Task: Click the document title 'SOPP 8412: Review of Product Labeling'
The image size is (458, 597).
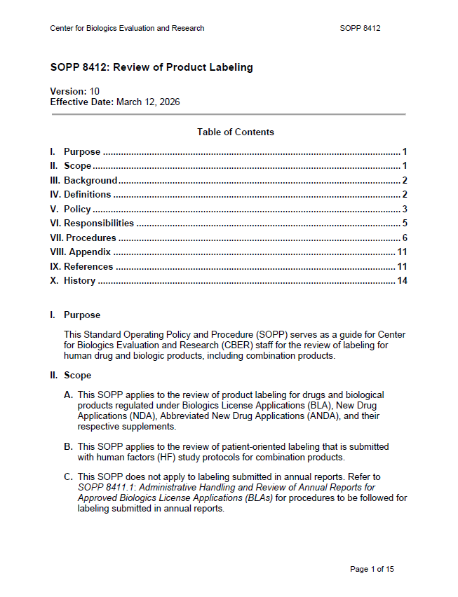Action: pyautogui.click(x=151, y=68)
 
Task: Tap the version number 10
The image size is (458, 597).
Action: pyautogui.click(x=95, y=91)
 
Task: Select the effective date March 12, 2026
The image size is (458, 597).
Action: pyautogui.click(x=148, y=102)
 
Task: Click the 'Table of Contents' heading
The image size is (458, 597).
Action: pyautogui.click(x=236, y=132)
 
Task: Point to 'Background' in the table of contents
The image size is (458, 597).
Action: pyautogui.click(x=90, y=180)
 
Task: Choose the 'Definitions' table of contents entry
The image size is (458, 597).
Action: pyautogui.click(x=87, y=194)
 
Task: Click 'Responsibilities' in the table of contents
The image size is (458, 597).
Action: pyautogui.click(x=98, y=223)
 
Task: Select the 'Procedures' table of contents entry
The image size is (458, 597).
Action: pyautogui.click(x=90, y=238)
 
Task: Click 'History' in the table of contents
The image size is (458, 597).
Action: pyautogui.click(x=79, y=281)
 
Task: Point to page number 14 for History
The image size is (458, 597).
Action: pyautogui.click(x=402, y=281)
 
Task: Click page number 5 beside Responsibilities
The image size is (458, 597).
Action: pyautogui.click(x=405, y=223)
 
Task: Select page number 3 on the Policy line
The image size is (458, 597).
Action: pyautogui.click(x=405, y=209)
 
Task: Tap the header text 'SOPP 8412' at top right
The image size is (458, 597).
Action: pyautogui.click(x=360, y=29)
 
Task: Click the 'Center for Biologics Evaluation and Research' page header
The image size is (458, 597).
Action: pyautogui.click(x=127, y=29)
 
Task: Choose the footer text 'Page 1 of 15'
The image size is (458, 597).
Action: pyautogui.click(x=372, y=569)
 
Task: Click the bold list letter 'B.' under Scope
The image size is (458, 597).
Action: pyautogui.click(x=68, y=446)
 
